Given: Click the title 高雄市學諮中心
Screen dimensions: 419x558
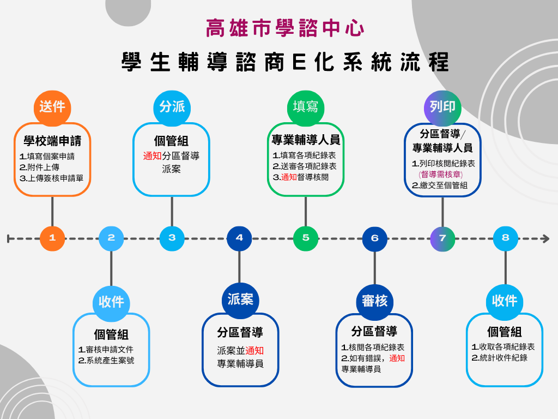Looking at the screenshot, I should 285,28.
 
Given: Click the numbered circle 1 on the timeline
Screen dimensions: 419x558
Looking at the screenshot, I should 52,238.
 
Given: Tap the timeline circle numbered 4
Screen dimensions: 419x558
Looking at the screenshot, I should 239,238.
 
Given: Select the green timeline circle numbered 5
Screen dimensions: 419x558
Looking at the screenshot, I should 306,238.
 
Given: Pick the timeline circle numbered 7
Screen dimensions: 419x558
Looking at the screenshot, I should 442,238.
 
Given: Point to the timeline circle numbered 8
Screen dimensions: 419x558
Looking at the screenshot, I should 506,238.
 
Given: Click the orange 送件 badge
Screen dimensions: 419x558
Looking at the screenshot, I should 52,107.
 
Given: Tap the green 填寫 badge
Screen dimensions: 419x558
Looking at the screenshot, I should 306,107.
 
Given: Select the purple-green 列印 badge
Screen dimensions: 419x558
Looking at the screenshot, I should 442,107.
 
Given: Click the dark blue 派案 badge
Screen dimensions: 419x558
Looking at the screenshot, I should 240,300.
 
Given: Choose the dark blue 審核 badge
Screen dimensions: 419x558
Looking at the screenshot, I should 374,301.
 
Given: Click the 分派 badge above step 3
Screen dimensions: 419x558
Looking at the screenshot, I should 172,107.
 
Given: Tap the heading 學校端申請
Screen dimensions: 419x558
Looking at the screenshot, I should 52,141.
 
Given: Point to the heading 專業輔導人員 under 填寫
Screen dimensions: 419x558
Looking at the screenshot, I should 306,140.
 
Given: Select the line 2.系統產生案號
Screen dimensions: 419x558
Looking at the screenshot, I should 106,361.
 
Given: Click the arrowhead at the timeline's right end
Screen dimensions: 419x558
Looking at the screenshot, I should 545,238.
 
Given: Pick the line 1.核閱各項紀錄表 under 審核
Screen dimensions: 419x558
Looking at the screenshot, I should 373,348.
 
